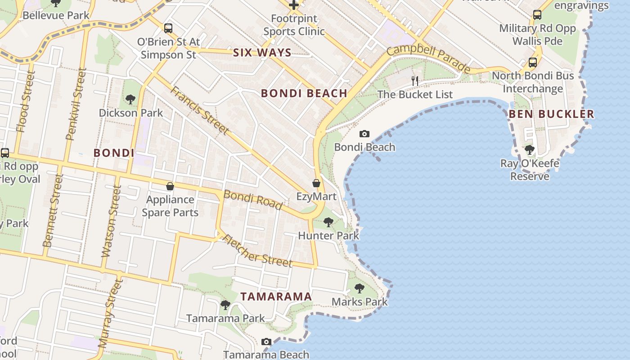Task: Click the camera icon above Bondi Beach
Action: (364, 134)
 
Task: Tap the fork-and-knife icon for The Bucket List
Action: (415, 81)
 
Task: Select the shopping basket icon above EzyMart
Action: (316, 183)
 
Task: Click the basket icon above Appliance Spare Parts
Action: (170, 186)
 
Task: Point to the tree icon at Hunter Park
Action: (328, 222)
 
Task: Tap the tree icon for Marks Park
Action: (359, 288)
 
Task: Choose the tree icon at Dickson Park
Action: (130, 99)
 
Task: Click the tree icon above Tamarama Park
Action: (225, 305)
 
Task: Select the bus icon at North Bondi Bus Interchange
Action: (533, 63)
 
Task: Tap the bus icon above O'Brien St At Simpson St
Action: (168, 28)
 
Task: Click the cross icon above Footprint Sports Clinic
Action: (294, 5)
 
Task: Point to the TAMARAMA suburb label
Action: (276, 297)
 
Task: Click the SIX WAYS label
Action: (262, 53)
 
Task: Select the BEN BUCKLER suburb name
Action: (551, 114)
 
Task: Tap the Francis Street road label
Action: (199, 110)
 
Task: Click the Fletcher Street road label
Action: (257, 251)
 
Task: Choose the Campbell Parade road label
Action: (428, 58)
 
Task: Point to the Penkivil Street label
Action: (76, 104)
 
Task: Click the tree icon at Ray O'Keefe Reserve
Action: (530, 149)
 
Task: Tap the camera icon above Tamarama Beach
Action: (266, 342)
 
